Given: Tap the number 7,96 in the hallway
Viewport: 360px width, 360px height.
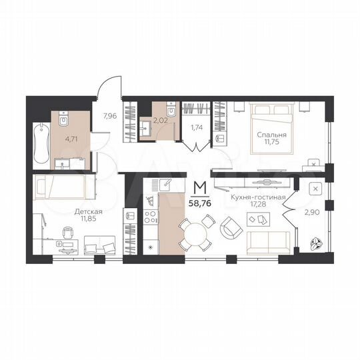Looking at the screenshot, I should [x=110, y=115].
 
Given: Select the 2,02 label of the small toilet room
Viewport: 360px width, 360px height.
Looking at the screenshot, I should [x=161, y=121].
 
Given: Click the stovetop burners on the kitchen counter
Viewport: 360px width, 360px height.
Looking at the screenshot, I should [x=150, y=217].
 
